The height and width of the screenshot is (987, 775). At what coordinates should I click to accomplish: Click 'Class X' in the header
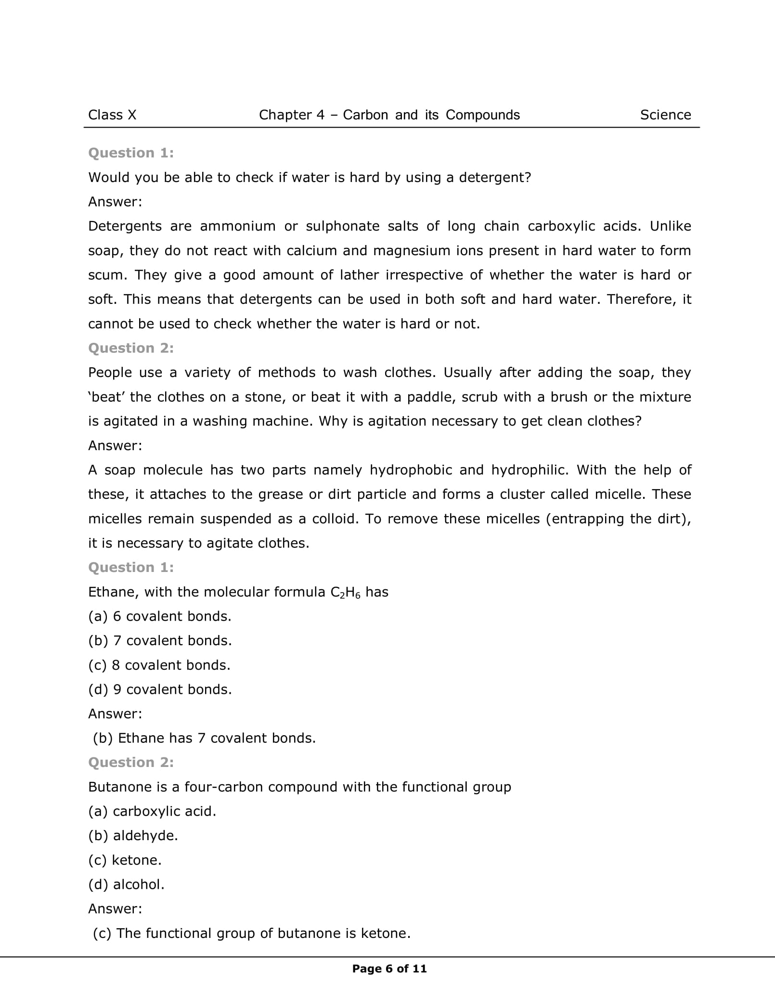(112, 115)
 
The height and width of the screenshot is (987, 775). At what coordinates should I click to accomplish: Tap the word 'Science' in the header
(665, 115)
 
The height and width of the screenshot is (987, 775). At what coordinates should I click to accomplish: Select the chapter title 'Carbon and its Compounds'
(431, 115)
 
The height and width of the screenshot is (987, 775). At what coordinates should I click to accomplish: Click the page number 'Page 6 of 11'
(389, 969)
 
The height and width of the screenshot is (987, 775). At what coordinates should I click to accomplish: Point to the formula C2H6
(346, 593)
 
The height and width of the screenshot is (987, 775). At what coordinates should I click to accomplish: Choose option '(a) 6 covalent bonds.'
(160, 617)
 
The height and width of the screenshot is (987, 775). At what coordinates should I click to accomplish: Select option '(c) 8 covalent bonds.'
(159, 665)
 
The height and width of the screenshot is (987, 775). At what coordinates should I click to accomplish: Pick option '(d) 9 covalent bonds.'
(160, 690)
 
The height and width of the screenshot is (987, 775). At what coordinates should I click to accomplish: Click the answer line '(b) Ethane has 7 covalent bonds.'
(204, 739)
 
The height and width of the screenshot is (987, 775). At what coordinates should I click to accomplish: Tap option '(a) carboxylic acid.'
(152, 812)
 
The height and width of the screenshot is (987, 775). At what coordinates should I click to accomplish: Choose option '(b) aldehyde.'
(133, 836)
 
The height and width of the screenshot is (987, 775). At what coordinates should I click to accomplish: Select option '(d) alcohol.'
(127, 885)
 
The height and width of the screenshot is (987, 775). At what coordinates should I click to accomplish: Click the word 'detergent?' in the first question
(495, 178)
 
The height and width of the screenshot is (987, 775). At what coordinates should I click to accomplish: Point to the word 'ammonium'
(238, 226)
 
